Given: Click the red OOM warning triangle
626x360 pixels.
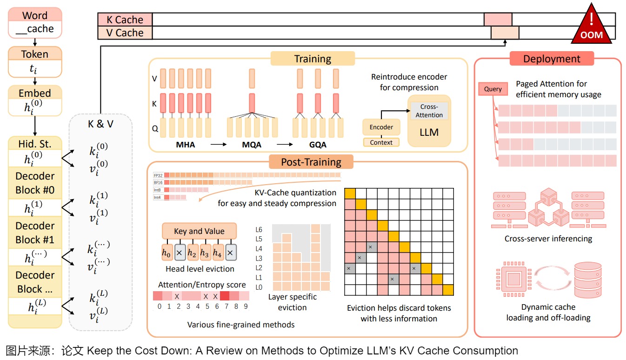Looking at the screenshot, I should tap(592, 28).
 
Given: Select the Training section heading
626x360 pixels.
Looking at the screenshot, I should tap(313, 59).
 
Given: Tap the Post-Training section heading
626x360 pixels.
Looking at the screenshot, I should tap(311, 162).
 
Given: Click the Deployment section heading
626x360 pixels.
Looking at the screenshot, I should tap(552, 59).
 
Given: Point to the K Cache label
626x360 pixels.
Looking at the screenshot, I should tap(125, 20).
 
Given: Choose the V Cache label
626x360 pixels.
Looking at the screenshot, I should tap(125, 33).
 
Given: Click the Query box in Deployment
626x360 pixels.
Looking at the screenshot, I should tap(493, 89).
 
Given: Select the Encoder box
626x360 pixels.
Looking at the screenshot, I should tap(381, 127).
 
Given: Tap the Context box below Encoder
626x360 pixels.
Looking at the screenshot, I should tap(381, 142).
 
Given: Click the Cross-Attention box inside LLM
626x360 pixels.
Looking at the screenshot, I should tap(429, 111).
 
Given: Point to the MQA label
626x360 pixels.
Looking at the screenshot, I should tap(252, 145).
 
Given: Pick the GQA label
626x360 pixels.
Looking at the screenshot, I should tap(318, 145).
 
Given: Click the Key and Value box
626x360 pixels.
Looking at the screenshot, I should tap(199, 231).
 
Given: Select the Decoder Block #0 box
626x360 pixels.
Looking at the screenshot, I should tap(35, 183).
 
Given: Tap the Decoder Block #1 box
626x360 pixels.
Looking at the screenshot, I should tap(35, 233).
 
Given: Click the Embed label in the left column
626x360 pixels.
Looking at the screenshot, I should tap(35, 92).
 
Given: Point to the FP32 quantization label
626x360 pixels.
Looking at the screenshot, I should tap(158, 175).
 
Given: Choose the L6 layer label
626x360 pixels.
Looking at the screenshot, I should tap(259, 229).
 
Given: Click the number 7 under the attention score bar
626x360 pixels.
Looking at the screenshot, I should tap(226, 307).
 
